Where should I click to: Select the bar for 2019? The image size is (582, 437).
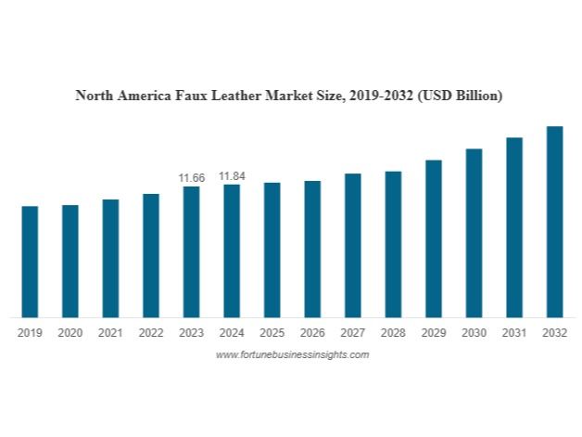click(x=30, y=262)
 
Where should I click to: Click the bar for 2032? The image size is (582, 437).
click(x=554, y=222)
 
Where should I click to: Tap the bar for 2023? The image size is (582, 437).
click(x=191, y=251)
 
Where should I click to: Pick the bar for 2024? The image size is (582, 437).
click(x=232, y=251)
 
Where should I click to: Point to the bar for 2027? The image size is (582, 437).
click(x=352, y=245)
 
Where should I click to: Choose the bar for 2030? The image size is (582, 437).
click(x=474, y=233)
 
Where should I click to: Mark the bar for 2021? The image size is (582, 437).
click(x=110, y=258)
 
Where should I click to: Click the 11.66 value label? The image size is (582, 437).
click(x=191, y=177)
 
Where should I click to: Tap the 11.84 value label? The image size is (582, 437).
click(x=232, y=176)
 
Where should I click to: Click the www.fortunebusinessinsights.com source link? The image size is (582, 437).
click(x=292, y=354)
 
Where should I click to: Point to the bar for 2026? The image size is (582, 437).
click(x=312, y=249)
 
